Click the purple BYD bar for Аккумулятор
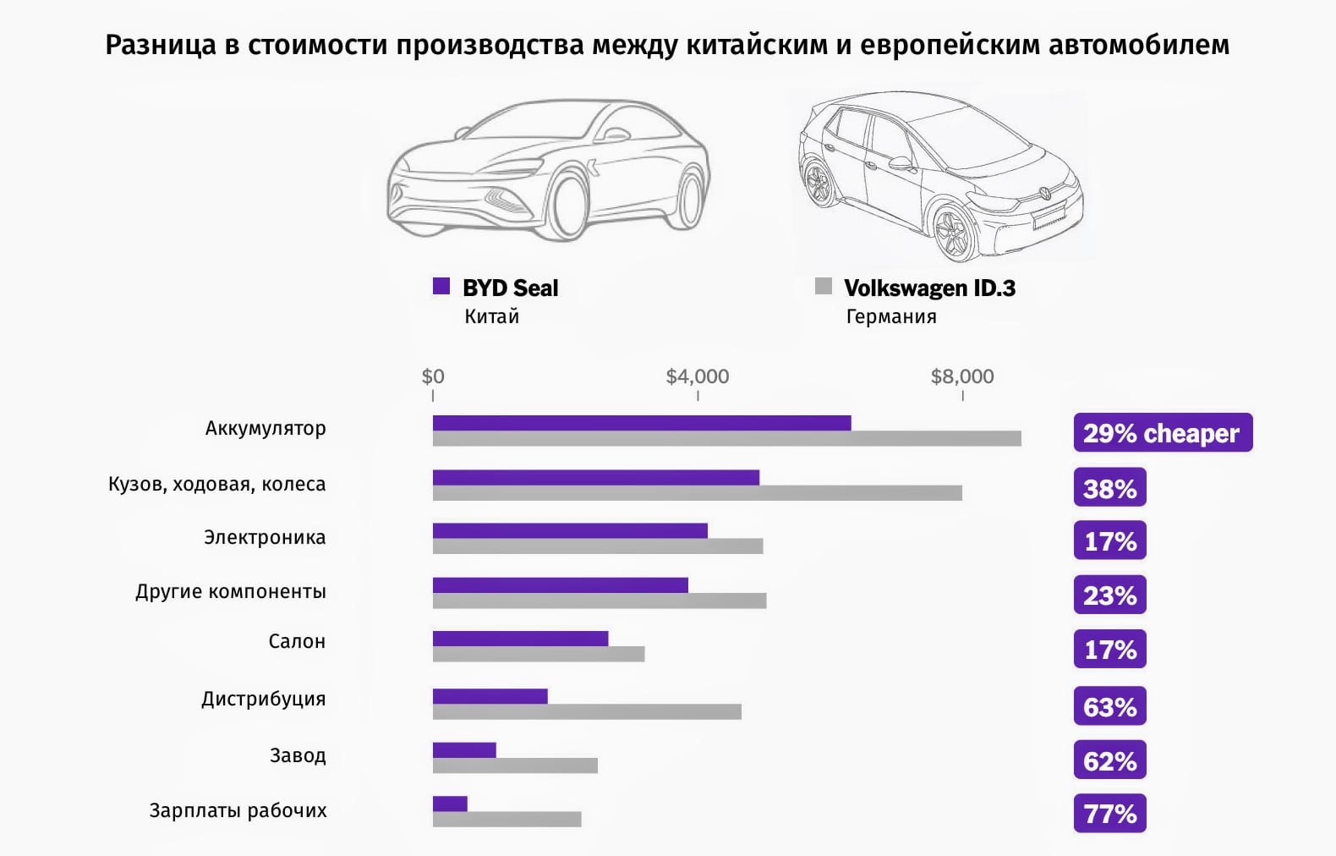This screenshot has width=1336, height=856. click(641, 423)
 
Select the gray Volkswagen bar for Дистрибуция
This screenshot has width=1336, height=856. click(587, 712)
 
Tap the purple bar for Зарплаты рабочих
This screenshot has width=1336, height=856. click(450, 804)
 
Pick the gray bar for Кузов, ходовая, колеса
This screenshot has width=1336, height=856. click(697, 493)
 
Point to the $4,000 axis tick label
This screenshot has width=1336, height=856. click(697, 376)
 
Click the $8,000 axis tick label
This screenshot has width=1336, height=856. click(962, 376)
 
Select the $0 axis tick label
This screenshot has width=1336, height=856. click(433, 376)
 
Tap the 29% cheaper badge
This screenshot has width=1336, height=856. click(1162, 433)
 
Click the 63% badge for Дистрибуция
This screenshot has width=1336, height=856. click(1109, 706)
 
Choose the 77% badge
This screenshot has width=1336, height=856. click(1109, 814)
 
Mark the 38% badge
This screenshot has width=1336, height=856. click(1109, 488)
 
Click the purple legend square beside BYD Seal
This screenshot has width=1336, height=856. click(441, 286)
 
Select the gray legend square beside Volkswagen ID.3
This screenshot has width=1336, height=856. click(824, 286)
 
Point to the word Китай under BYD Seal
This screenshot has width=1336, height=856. click(491, 316)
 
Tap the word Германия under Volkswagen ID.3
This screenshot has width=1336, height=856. click(891, 316)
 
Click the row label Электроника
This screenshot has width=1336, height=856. click(265, 537)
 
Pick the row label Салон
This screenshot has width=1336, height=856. click(297, 641)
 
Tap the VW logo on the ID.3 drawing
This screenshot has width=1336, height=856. click(1046, 193)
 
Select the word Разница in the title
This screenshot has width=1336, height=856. click(161, 44)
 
